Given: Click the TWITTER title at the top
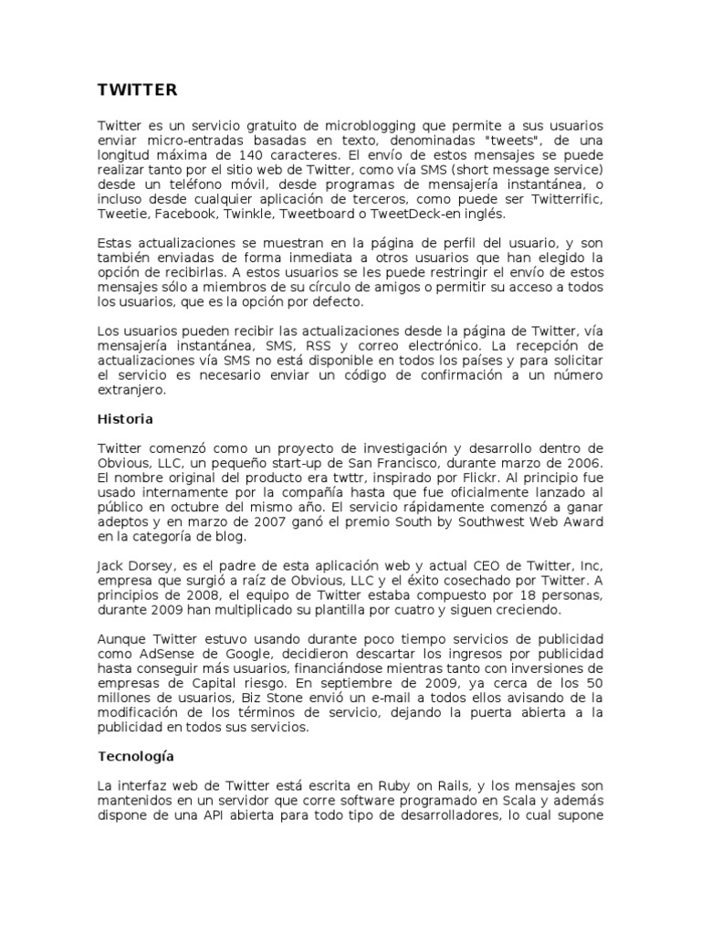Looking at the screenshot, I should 138,89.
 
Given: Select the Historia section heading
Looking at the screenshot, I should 125,419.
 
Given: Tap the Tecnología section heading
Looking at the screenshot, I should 136,757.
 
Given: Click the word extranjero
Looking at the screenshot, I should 132,390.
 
